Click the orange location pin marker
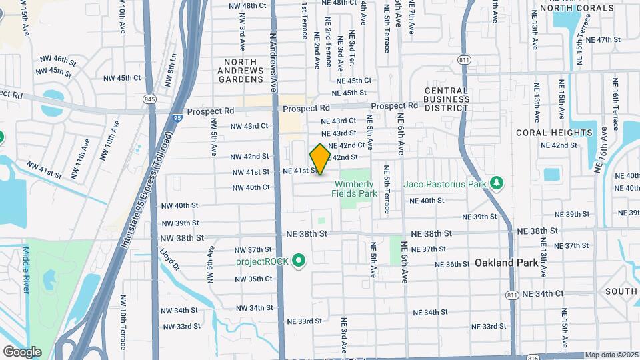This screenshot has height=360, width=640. (x=320, y=159)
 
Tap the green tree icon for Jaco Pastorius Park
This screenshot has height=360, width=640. (x=495, y=183)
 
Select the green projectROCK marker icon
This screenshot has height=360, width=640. (x=299, y=261)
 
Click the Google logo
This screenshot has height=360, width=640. (x=22, y=352)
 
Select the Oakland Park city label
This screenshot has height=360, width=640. (x=506, y=263)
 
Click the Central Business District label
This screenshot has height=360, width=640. (x=447, y=99)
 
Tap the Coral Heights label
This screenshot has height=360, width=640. (x=555, y=133)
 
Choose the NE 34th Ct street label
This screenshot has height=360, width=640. (x=543, y=293)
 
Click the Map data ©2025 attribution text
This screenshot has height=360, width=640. (x=611, y=355)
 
